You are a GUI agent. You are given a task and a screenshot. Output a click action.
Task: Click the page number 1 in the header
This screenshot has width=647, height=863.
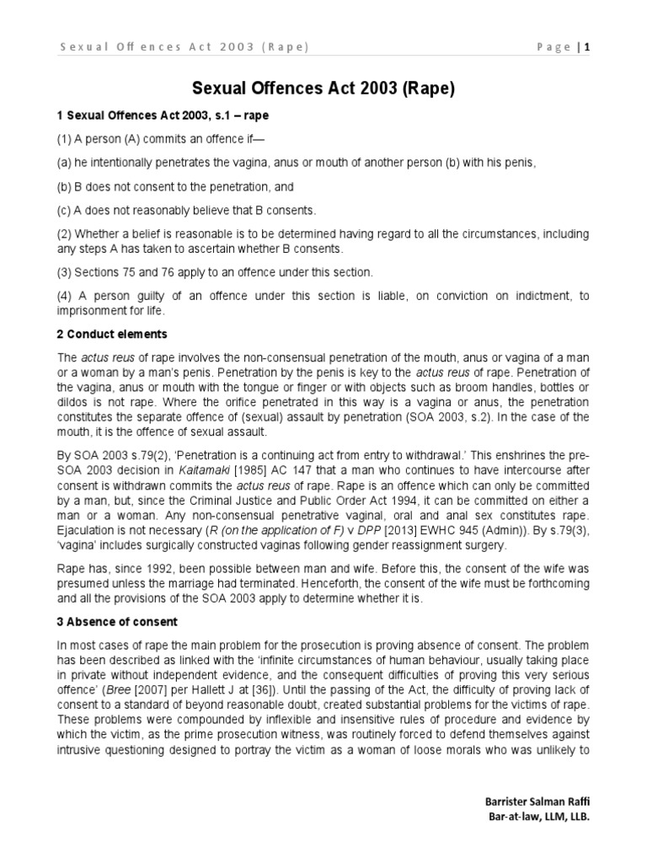[586, 47]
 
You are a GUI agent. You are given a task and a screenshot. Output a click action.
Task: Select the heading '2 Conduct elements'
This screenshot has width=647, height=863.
[113, 334]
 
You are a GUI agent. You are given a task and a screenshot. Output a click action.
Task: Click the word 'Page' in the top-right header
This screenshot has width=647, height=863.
[553, 47]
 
